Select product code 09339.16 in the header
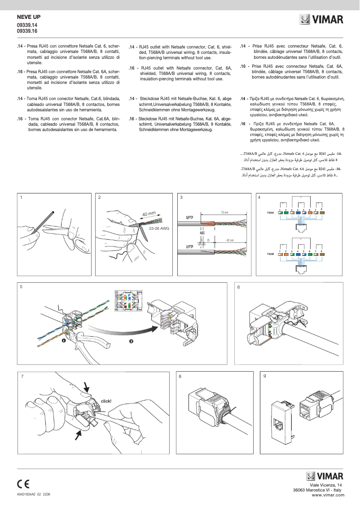27,31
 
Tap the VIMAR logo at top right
322,20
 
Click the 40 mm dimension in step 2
149,214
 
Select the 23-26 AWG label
158,228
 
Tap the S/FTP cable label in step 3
189,217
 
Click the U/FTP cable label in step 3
189,246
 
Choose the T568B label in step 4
270,254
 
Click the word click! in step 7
106,401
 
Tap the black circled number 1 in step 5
64,341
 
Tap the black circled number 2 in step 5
131,341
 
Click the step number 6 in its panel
239,287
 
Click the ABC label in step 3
202,233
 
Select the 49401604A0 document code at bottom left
29,494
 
